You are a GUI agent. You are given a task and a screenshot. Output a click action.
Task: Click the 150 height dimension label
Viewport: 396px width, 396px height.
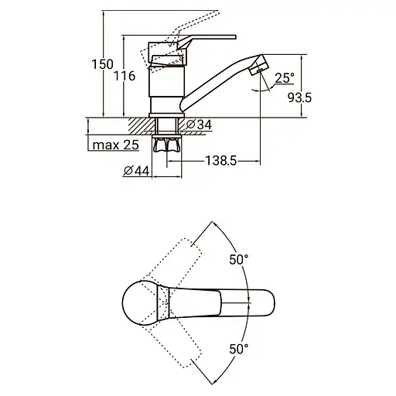point(102,64)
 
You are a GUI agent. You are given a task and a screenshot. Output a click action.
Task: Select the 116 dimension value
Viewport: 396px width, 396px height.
point(125,76)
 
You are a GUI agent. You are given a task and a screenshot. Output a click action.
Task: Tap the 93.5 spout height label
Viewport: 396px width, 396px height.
point(299,97)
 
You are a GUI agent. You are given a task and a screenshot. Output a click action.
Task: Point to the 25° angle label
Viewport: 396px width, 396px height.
point(285,78)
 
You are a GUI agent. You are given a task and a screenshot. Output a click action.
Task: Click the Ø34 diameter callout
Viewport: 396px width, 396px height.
point(199,125)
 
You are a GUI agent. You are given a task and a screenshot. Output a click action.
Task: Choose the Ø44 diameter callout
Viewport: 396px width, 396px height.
point(136,171)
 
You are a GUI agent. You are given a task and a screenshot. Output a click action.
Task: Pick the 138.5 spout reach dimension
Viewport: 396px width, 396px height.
point(221,161)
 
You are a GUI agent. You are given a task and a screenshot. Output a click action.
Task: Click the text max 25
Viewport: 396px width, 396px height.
point(116,145)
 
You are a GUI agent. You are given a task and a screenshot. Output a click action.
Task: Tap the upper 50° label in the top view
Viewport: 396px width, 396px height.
point(239,259)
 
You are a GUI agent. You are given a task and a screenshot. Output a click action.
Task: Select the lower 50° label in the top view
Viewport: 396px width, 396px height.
point(239,349)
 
